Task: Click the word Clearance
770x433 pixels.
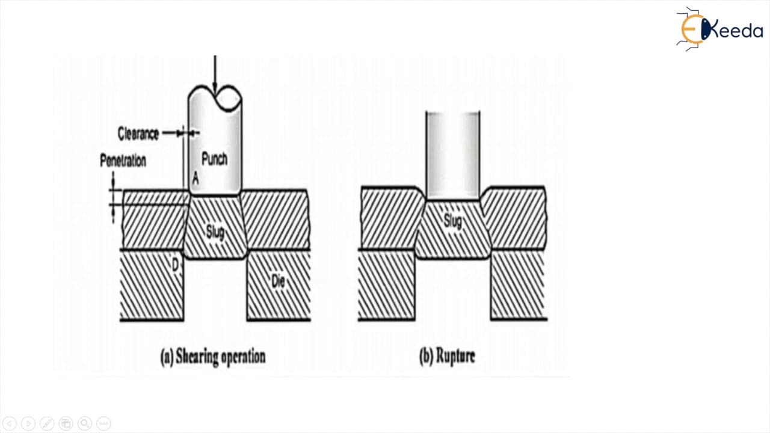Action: coord(138,134)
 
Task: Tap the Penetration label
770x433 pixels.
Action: coord(123,161)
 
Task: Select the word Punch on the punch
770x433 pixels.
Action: coord(214,159)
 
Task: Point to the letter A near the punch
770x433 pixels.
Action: coord(196,179)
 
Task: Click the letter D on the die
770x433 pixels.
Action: coord(175,265)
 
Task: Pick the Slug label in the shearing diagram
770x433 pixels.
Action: coord(215,232)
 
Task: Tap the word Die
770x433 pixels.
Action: coord(278,281)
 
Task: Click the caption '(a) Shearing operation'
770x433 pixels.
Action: coord(213,357)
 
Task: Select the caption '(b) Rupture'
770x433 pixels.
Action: coord(447,356)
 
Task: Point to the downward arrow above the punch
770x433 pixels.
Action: coord(215,75)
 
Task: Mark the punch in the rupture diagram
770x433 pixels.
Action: coord(453,155)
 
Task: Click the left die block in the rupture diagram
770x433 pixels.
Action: coord(386,285)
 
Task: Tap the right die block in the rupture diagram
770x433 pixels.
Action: coord(519,285)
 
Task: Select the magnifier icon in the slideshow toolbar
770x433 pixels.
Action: coord(85,423)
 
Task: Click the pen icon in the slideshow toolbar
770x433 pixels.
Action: coord(47,423)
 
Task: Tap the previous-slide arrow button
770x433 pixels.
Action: coord(10,423)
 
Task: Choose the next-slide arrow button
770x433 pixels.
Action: coord(28,423)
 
